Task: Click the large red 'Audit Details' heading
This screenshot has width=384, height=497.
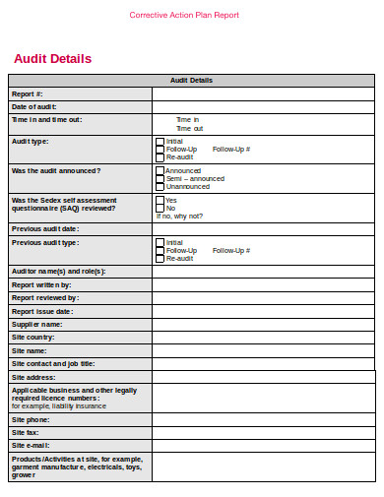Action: click(x=52, y=58)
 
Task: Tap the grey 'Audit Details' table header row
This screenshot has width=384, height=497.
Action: click(x=191, y=81)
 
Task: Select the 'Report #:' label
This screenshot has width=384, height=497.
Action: click(x=28, y=93)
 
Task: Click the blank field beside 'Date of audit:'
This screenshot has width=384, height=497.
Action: click(x=263, y=106)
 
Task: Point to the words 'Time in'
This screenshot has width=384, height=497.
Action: click(x=187, y=119)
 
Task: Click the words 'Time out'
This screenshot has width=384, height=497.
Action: click(x=189, y=128)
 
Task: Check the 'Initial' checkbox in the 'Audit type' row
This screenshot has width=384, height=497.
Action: click(x=160, y=141)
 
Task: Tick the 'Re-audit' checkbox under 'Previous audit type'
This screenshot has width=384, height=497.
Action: click(x=160, y=259)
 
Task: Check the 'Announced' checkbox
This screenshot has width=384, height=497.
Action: click(x=160, y=170)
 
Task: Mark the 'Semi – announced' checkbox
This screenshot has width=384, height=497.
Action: click(x=160, y=178)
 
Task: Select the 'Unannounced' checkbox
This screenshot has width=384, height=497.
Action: click(x=160, y=186)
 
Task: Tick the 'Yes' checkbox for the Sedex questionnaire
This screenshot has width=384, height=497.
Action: click(x=160, y=200)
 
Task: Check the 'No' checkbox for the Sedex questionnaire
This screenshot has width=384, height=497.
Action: click(x=160, y=208)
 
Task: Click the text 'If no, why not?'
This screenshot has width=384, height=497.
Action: click(x=179, y=216)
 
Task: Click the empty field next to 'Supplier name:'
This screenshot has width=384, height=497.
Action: click(x=263, y=324)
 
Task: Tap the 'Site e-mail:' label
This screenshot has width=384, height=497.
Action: click(x=31, y=445)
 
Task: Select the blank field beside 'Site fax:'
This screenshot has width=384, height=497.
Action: click(x=263, y=432)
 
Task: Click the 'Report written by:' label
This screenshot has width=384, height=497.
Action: click(x=40, y=284)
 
